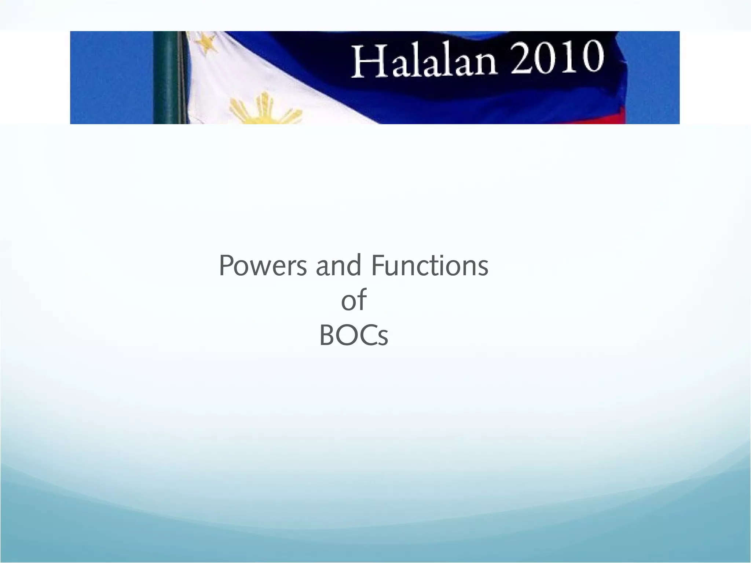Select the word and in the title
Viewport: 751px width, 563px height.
338,265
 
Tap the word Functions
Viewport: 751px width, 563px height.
429,265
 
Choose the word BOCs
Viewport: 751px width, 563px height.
353,336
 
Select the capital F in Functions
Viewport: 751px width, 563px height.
378,265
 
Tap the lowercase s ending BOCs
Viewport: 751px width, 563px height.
383,338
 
